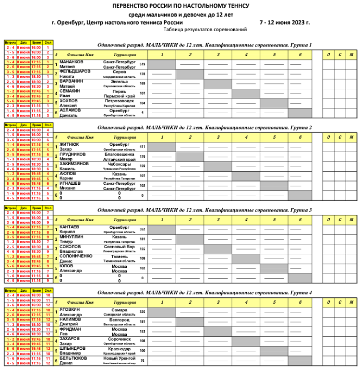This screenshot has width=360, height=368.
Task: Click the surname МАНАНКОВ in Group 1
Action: click(71, 62)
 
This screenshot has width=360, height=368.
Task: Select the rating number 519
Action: click(142, 64)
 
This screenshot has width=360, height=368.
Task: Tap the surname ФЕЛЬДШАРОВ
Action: click(74, 72)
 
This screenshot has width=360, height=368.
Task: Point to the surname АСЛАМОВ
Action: click(71, 110)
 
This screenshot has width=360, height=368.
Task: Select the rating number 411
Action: click(142, 146)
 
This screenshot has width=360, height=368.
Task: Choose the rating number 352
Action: click(142, 229)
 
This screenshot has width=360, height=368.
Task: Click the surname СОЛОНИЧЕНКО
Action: click(76, 256)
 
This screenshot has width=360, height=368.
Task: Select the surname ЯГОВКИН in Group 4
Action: click(70, 310)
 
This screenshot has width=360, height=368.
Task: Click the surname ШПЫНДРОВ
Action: click(72, 348)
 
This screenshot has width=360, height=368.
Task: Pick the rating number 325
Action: click(142, 312)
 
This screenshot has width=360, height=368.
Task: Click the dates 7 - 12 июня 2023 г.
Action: click(285, 22)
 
